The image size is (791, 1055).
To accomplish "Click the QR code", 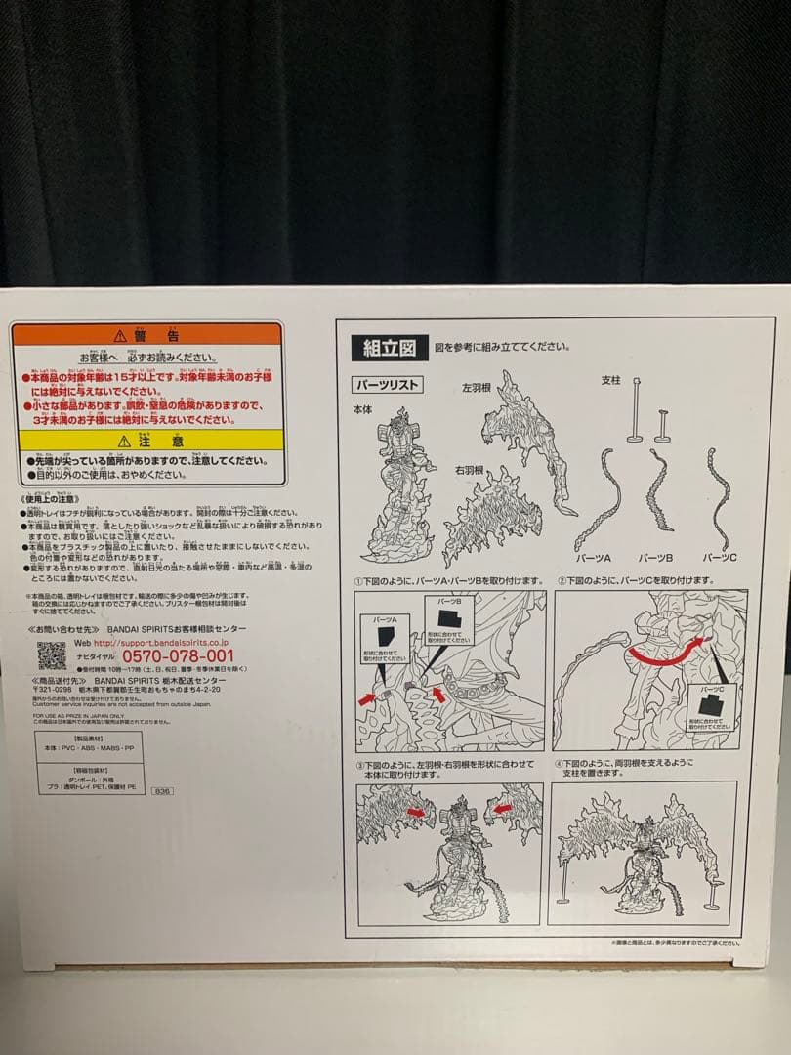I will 51,655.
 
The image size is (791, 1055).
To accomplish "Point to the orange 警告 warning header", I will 148,334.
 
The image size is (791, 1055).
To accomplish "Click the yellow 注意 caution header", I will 148,441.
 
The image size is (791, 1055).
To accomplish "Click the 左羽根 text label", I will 479,388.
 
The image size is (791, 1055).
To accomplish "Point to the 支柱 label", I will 610,381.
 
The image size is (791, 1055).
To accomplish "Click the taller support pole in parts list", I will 635,410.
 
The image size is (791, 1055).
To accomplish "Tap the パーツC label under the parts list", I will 720,557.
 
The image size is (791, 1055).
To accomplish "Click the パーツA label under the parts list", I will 593,557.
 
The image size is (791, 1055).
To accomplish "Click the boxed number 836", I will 162,790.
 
